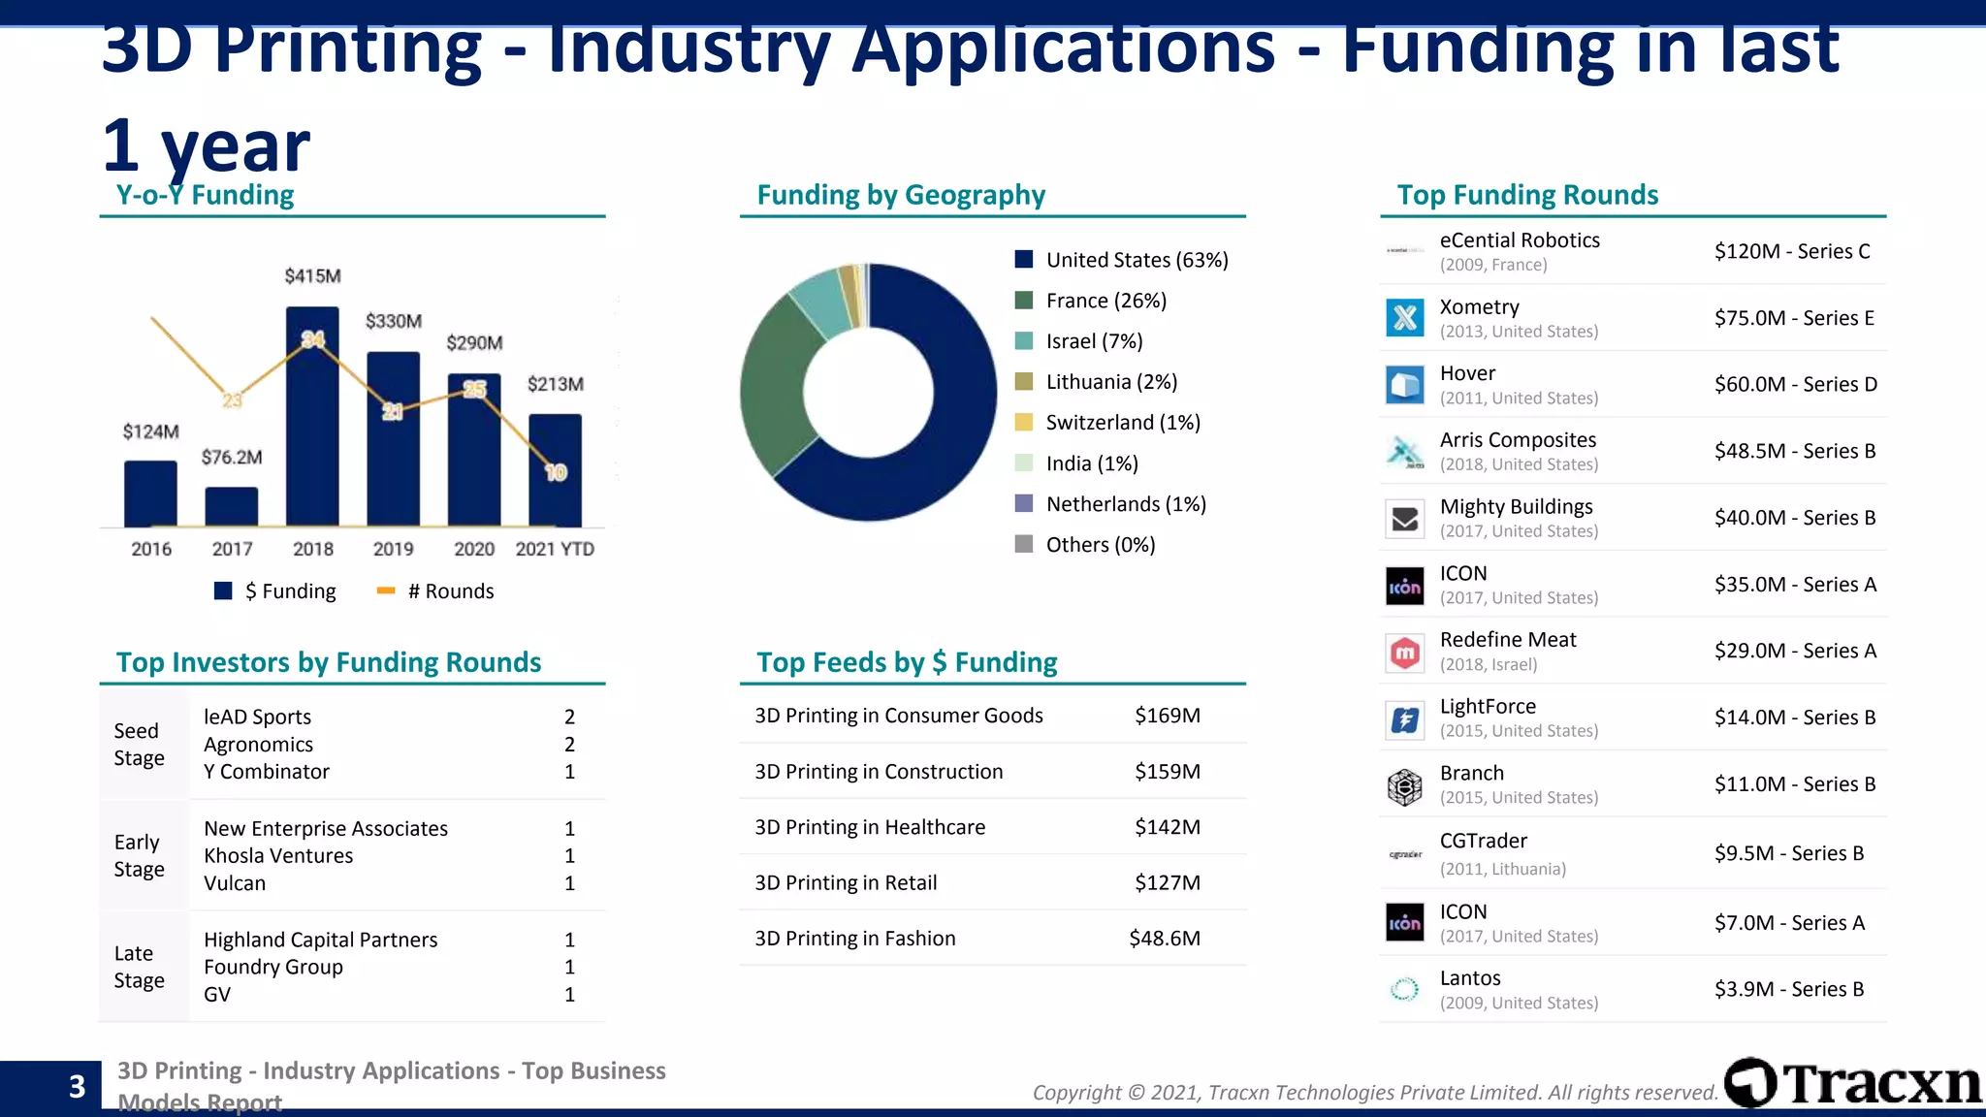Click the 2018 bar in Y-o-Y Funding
tap(312, 427)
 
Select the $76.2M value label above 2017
tap(232, 457)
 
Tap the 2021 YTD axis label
tap(555, 549)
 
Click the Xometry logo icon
tap(1404, 318)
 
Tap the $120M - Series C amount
tap(1791, 251)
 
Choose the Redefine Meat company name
tap(1508, 640)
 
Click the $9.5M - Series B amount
tap(1788, 853)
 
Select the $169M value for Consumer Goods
tap(1167, 716)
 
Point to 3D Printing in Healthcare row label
tap(870, 827)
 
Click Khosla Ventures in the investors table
tap(278, 856)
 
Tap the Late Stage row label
tap(139, 967)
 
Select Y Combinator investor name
tap(267, 772)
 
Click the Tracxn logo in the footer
tap(1853, 1083)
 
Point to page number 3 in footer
tap(77, 1087)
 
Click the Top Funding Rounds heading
tap(1527, 195)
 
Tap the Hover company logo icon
tap(1404, 385)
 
